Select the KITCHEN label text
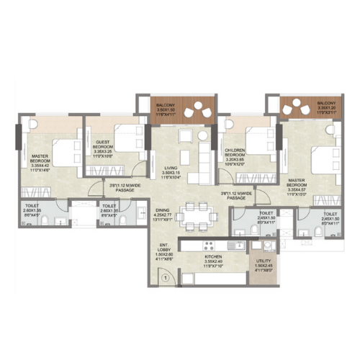[x=213, y=261]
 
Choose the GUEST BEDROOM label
[x=103, y=148]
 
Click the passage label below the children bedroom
[x=236, y=194]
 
